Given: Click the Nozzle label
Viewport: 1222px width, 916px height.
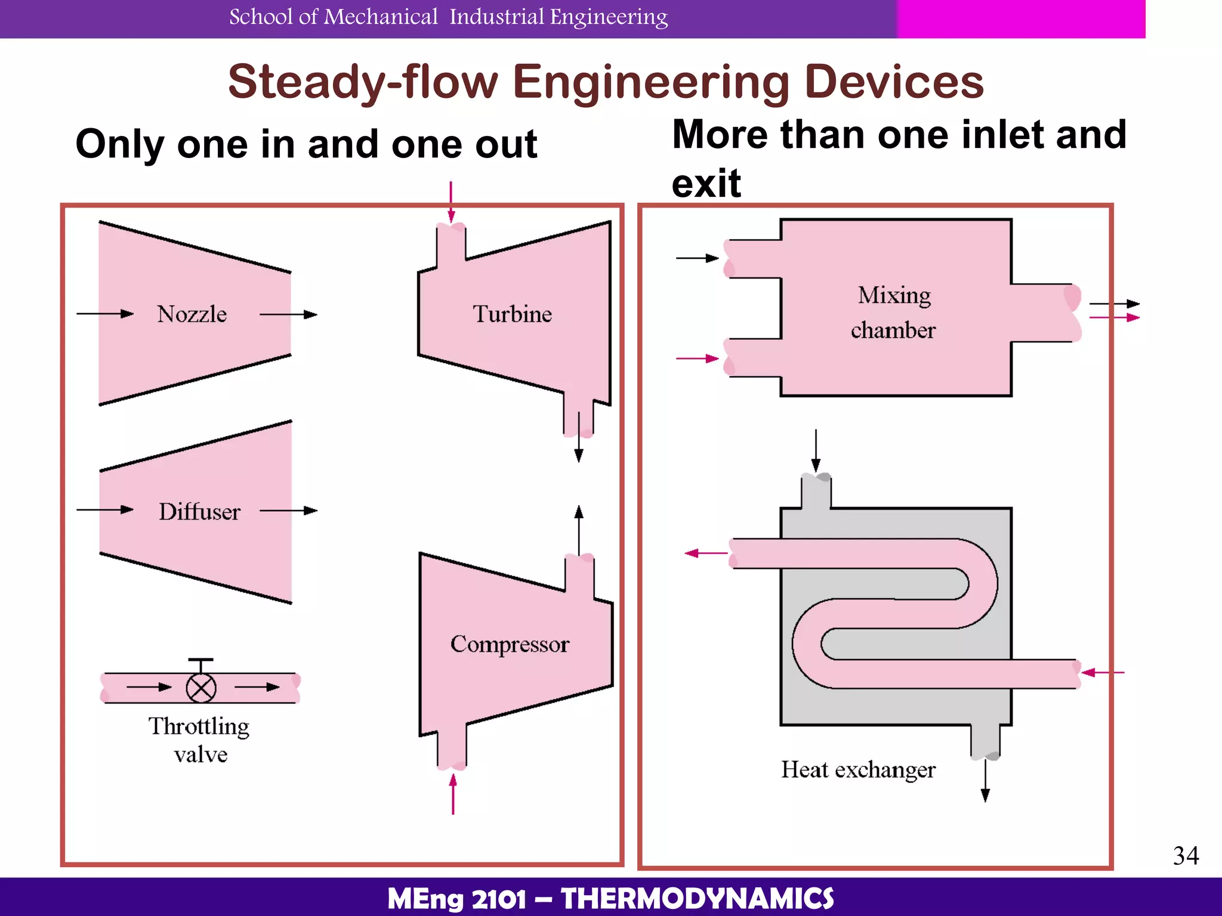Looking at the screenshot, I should [x=192, y=314].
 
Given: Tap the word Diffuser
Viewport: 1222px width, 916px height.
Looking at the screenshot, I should [x=199, y=512].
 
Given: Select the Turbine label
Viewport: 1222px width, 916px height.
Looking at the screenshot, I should [x=513, y=314].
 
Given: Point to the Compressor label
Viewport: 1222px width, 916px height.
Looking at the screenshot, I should [x=510, y=645].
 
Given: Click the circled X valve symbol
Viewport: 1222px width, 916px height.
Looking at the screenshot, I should [x=201, y=688].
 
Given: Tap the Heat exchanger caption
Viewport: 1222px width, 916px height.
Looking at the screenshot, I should [x=858, y=770].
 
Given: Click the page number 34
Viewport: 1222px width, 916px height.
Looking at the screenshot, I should [x=1186, y=856].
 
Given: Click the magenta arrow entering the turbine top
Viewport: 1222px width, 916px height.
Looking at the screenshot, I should [x=451, y=202].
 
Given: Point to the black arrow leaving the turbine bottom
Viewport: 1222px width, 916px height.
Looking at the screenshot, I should [x=578, y=447].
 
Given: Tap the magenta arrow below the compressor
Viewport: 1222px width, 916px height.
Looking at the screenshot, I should [x=453, y=794].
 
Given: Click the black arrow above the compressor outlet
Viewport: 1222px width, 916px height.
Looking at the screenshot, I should [x=578, y=528].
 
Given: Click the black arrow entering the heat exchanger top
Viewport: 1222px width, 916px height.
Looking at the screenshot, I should [x=816, y=450].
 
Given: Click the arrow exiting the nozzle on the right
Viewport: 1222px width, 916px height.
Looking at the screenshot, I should [x=288, y=314].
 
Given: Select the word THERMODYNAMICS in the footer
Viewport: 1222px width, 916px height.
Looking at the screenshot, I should [x=697, y=899].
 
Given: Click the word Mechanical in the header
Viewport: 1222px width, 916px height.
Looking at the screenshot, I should [x=381, y=17].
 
